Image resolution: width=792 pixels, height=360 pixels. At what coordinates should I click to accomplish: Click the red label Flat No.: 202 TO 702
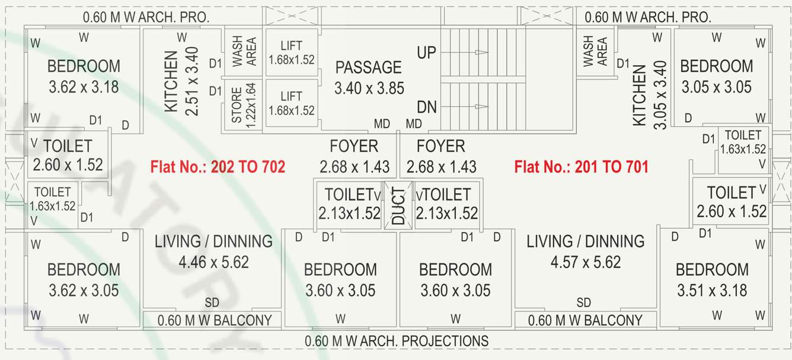pyautogui.click(x=218, y=167)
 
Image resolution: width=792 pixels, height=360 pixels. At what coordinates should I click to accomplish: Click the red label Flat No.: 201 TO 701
pyautogui.click(x=581, y=167)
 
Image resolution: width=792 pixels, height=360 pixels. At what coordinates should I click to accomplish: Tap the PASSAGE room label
pyautogui.click(x=368, y=67)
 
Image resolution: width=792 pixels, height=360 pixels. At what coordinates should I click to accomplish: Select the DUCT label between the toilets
pyautogui.click(x=398, y=205)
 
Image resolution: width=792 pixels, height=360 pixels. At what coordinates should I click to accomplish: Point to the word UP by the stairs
pyautogui.click(x=426, y=52)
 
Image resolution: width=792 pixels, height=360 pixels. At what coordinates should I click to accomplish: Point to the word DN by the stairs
pyautogui.click(x=427, y=107)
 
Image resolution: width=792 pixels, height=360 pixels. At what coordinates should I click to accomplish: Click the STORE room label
pyautogui.click(x=236, y=106)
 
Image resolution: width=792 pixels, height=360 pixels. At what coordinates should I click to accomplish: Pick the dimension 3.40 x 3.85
pyautogui.click(x=369, y=88)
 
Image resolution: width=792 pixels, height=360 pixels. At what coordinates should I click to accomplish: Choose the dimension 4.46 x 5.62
pyautogui.click(x=213, y=262)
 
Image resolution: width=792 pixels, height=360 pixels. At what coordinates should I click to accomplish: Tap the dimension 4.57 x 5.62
pyautogui.click(x=586, y=262)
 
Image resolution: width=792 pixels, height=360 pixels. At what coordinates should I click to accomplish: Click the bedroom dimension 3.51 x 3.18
pyautogui.click(x=712, y=291)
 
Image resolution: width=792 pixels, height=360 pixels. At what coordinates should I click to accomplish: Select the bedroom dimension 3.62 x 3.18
pyautogui.click(x=84, y=87)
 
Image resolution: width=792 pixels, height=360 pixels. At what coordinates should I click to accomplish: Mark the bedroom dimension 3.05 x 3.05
pyautogui.click(x=716, y=87)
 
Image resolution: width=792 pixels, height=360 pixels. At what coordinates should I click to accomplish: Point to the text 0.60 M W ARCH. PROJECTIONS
pyautogui.click(x=396, y=341)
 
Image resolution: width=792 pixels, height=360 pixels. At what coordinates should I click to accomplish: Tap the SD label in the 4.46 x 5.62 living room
pyautogui.click(x=212, y=303)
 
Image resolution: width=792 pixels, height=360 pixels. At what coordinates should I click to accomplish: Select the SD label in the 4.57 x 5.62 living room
pyautogui.click(x=583, y=303)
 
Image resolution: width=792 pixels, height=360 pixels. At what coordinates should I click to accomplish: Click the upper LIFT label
pyautogui.click(x=291, y=46)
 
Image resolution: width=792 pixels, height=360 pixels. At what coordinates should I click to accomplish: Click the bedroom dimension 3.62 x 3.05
pyautogui.click(x=84, y=291)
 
